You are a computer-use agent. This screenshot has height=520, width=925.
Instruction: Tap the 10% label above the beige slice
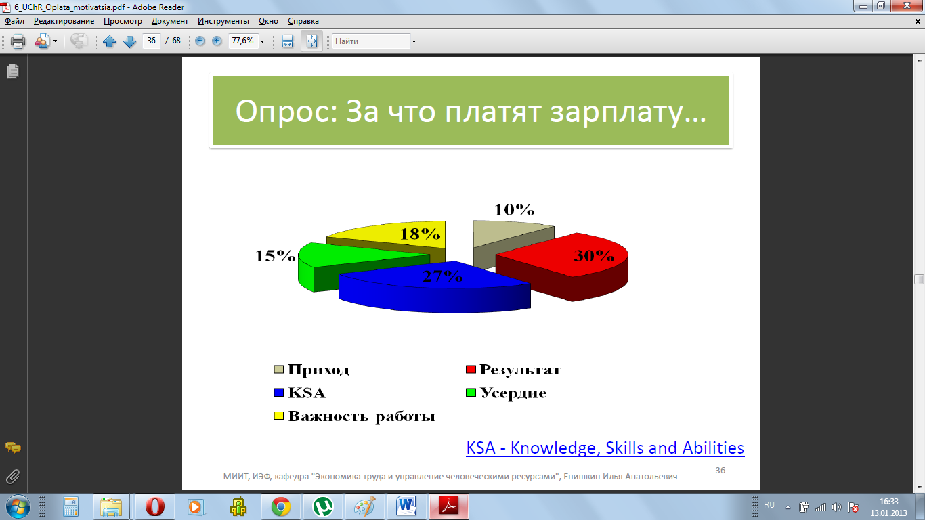pos(514,210)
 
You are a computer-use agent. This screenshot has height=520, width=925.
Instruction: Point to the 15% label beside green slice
pos(276,256)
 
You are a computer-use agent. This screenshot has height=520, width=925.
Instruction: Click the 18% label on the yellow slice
pos(420,234)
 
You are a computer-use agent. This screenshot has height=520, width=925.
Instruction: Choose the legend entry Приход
pos(311,370)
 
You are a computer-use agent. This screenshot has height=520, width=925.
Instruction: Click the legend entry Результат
pos(513,369)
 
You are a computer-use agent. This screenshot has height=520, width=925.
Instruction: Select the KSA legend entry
pos(299,393)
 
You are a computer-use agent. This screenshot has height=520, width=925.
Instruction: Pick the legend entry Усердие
pos(507,393)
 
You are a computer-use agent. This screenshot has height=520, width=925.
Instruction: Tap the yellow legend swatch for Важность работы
pos(279,416)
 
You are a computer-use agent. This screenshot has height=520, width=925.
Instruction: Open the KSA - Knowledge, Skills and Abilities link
pos(605,448)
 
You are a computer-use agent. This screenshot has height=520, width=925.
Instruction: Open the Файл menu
pos(14,21)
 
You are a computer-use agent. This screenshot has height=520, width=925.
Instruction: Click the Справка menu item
pos(303,21)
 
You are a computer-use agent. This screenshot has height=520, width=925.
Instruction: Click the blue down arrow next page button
pos(129,41)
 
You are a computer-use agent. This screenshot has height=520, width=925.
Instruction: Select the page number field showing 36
pos(151,41)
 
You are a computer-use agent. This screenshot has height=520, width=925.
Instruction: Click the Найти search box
pos(371,41)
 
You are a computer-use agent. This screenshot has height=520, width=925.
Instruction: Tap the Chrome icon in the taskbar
pos(281,506)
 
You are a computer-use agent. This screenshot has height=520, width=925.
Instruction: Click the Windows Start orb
pos(18,506)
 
